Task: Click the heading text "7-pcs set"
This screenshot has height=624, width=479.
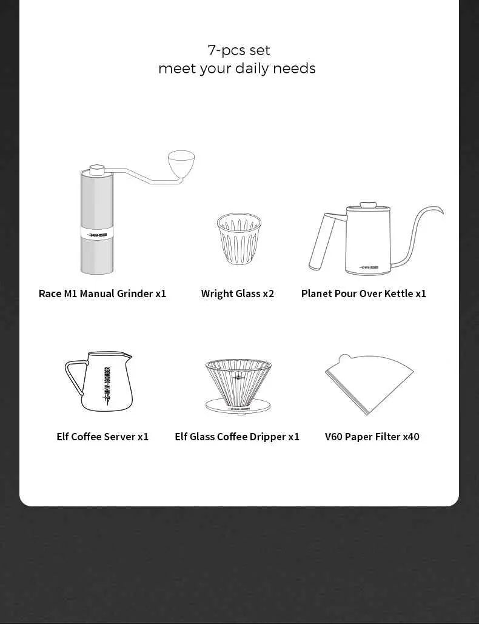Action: pos(238,50)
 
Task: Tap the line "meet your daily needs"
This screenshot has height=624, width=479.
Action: pos(236,69)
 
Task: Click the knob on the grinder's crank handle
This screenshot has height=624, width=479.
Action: pos(181,162)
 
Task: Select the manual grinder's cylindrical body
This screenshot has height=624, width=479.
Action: pos(96,200)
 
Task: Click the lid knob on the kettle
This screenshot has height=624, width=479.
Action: pos(367,205)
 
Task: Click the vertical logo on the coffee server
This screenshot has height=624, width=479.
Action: pos(107,386)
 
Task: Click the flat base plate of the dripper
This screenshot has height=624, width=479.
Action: pos(238,407)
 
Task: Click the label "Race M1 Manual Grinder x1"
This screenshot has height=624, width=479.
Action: pos(102,294)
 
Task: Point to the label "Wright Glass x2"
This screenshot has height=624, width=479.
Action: pos(237,294)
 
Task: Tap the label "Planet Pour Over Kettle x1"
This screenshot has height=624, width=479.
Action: pos(363,294)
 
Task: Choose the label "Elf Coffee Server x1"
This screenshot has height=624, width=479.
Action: pos(102,437)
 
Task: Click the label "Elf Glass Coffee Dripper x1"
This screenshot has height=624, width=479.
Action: pos(237,437)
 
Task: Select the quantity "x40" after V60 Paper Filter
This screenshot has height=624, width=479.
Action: pos(410,437)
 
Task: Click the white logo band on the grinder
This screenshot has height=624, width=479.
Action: pos(96,233)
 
